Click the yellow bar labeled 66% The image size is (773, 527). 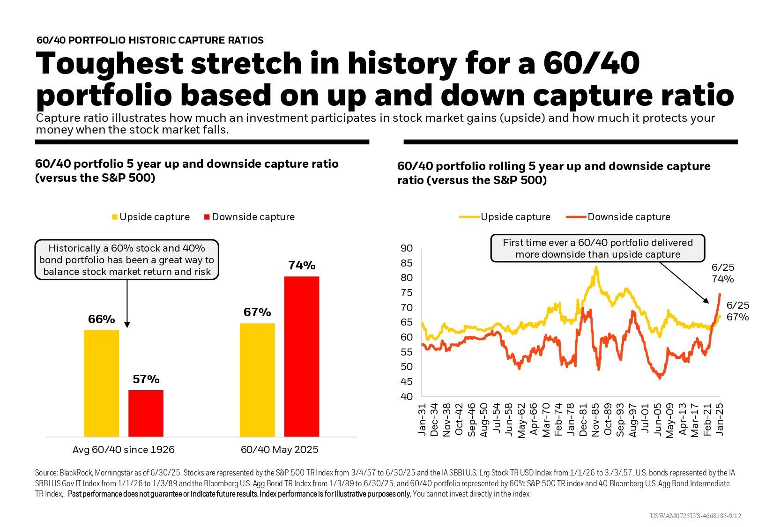pos(101,383)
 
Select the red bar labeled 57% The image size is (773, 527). pos(146,413)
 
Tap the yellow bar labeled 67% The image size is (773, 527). pos(257,380)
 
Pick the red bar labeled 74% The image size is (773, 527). pos(301,356)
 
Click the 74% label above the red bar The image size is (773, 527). pos(302,266)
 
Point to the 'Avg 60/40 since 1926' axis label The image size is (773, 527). pos(123,450)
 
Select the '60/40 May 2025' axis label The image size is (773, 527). pos(279,450)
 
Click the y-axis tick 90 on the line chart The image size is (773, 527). pos(407,248)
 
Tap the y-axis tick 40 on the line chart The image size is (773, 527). pos(407,397)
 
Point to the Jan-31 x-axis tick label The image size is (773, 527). pos(422,420)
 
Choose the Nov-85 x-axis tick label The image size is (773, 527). pos(595,420)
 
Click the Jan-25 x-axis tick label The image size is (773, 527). pos(720,420)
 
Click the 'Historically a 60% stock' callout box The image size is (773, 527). pos(126,260)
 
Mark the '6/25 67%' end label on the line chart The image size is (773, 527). pos(737,312)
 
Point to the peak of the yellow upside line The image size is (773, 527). pos(596,268)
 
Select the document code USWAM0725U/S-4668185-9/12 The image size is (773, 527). pos(695,516)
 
